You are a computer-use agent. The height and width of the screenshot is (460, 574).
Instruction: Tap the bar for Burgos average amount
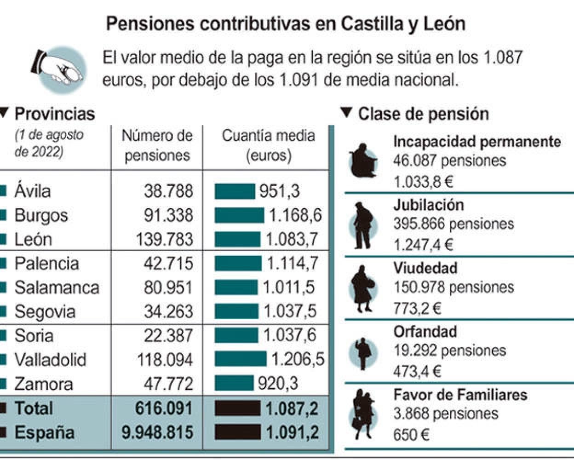(239, 215)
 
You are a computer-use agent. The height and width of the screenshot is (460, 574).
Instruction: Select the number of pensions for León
(164, 239)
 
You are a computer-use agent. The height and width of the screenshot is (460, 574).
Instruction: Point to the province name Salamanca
(57, 287)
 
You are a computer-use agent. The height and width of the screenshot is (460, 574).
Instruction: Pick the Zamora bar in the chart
(234, 383)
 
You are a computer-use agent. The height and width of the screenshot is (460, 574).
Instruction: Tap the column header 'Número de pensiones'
(157, 145)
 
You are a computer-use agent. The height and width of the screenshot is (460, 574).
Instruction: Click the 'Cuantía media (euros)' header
(268, 145)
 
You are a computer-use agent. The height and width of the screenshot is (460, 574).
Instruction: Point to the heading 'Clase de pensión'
(423, 114)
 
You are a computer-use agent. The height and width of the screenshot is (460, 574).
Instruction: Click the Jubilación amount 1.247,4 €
(423, 244)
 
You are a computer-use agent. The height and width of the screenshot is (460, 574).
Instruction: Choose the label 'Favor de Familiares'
(460, 395)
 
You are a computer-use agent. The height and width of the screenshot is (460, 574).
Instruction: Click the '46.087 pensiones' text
(449, 161)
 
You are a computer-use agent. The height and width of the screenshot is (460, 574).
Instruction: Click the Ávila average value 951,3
(279, 191)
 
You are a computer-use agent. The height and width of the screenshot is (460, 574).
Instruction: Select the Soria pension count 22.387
(168, 335)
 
